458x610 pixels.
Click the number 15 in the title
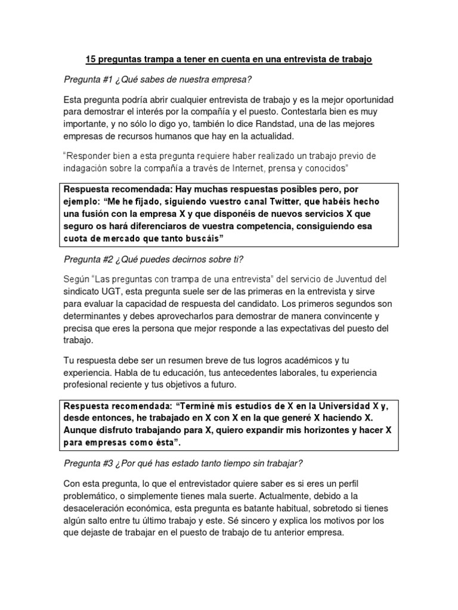point(91,60)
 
